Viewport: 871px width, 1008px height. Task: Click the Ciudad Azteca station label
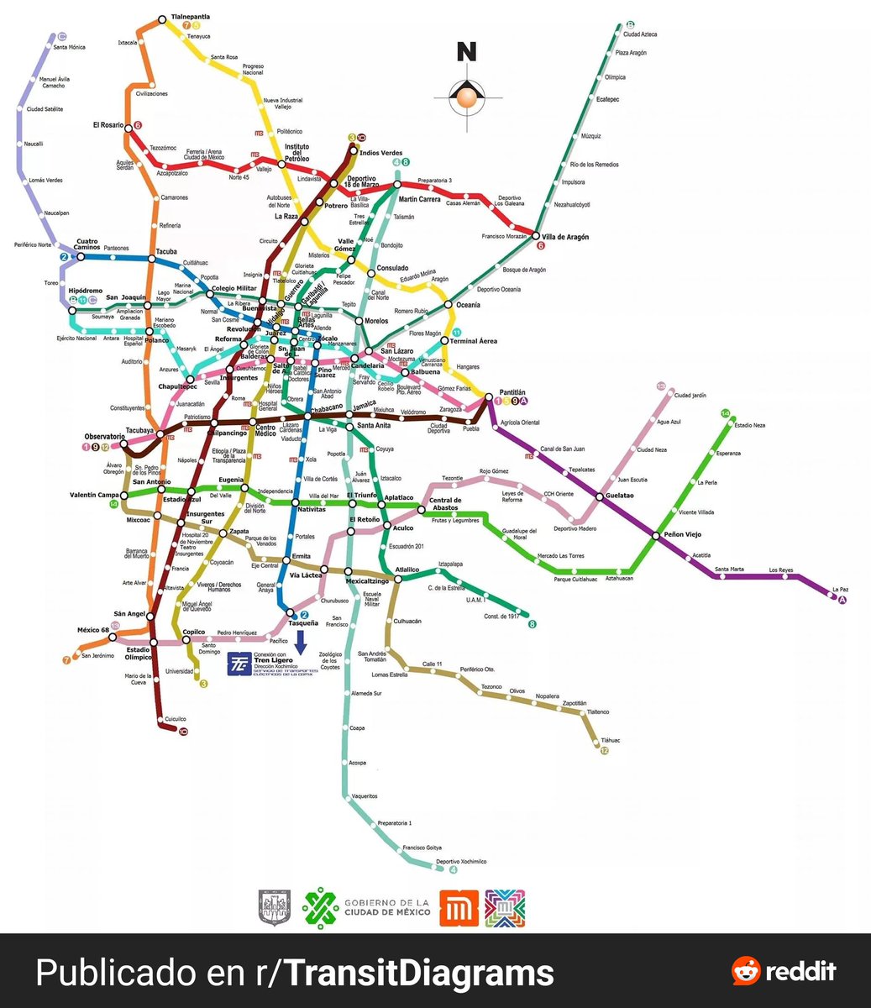(x=639, y=34)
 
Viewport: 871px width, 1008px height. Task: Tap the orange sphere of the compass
(x=466, y=100)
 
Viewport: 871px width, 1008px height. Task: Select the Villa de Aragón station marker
(x=536, y=236)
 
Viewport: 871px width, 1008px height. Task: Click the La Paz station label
(x=840, y=589)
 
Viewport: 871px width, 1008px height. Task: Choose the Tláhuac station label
(x=610, y=740)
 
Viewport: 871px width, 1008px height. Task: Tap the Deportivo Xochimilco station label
(x=462, y=862)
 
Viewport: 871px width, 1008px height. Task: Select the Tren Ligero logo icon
(x=239, y=663)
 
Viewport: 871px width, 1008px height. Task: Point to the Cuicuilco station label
(x=175, y=719)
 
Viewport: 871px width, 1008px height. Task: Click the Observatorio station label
(x=104, y=437)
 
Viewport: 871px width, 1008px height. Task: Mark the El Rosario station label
(x=108, y=125)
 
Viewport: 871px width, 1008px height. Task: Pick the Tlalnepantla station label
(x=191, y=17)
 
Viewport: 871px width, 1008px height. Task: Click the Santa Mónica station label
(x=70, y=47)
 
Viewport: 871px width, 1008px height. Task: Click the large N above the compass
(x=466, y=52)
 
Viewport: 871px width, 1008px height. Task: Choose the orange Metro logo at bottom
(x=459, y=908)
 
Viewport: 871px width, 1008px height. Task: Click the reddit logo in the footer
(x=784, y=972)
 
